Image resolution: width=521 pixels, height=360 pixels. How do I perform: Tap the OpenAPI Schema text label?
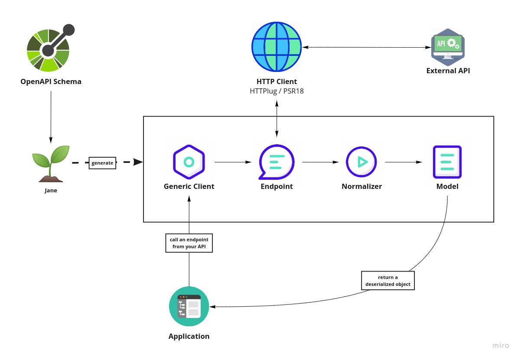51,81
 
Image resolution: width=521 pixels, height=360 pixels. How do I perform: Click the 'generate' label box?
102,163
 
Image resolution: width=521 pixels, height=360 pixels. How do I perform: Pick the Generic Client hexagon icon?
189,162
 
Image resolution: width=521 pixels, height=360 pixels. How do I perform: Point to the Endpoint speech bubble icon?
276,162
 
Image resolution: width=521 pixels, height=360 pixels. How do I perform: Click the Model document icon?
447,162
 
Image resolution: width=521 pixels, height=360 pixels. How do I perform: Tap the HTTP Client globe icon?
277,47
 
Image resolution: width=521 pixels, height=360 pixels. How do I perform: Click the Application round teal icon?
189,306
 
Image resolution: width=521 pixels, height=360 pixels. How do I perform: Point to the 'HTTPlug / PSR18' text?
277,91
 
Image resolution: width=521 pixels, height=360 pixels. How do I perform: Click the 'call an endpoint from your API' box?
189,243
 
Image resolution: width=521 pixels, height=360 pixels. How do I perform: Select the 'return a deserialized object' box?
388,281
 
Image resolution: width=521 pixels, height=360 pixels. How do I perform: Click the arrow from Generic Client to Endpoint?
233,162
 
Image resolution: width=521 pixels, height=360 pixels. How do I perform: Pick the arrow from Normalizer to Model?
403,162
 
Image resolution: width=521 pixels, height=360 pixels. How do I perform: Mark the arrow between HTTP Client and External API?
365,47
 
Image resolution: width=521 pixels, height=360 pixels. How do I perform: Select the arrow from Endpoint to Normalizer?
320,162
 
